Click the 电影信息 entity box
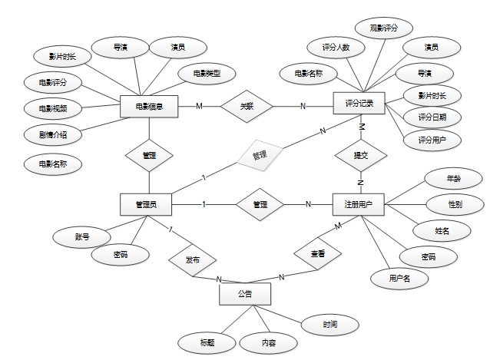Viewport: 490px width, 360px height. (149, 106)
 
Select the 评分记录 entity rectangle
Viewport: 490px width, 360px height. (359, 102)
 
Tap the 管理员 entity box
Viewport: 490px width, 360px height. (146, 204)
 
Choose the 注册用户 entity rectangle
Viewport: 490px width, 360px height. (359, 204)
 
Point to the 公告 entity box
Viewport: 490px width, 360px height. (245, 293)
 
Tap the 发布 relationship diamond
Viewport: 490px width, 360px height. (193, 260)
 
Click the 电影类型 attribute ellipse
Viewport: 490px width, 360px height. (206, 74)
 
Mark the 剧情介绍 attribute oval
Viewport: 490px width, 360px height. (52, 135)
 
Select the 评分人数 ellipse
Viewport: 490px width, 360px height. (336, 47)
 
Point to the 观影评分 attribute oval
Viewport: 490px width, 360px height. (383, 28)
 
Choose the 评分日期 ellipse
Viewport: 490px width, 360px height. (432, 117)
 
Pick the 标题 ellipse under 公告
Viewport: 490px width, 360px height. (207, 341)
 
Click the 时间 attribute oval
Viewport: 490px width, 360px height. (329, 324)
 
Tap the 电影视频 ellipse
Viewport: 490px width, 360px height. (52, 107)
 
